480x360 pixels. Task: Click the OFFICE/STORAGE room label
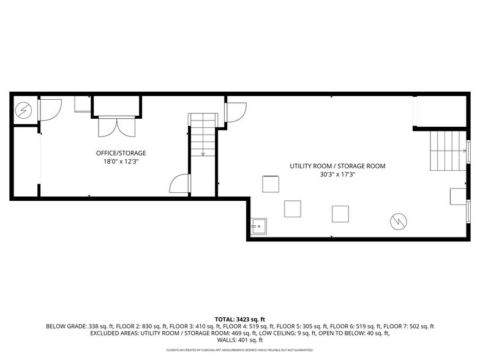click(x=121, y=152)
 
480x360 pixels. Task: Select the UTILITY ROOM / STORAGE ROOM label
click(x=337, y=166)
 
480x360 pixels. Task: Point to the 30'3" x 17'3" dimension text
click(x=337, y=174)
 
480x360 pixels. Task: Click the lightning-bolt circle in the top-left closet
click(x=23, y=110)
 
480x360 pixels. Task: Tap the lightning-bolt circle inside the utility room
click(x=398, y=220)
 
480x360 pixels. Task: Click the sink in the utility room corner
click(x=258, y=226)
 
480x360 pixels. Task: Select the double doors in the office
click(x=116, y=127)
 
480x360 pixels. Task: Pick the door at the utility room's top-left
click(x=234, y=112)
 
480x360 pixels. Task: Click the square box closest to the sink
click(x=292, y=209)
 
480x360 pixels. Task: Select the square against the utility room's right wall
click(x=457, y=197)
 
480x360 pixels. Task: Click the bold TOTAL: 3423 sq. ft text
click(x=240, y=320)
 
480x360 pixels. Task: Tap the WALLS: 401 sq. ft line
click(x=240, y=340)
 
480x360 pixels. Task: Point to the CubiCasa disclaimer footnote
click(x=240, y=350)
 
